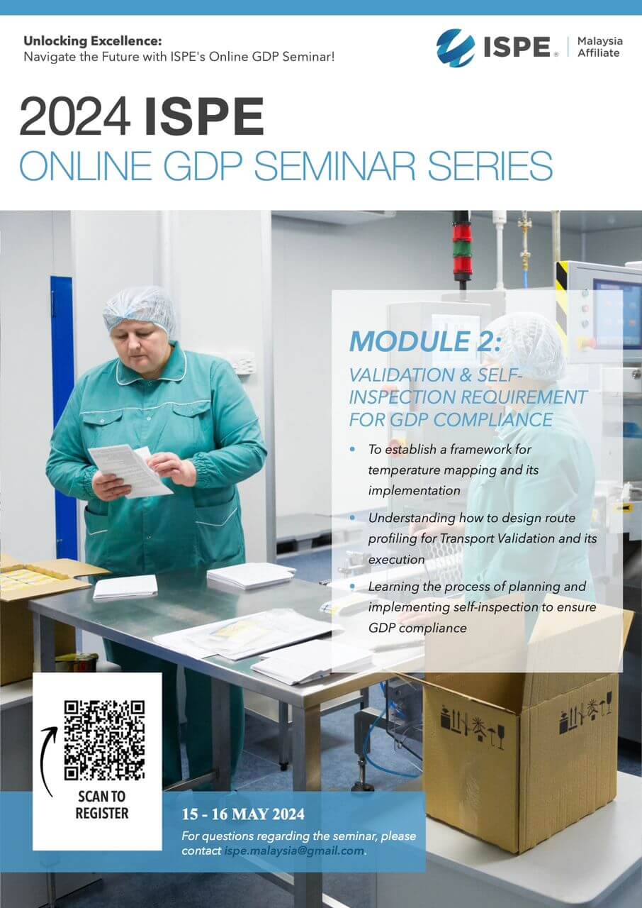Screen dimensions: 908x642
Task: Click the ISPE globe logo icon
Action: tap(456, 48)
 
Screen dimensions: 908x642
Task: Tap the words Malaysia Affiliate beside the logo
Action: tap(599, 48)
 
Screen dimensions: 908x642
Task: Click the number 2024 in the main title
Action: tap(75, 117)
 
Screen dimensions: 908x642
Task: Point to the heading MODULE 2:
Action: tap(424, 341)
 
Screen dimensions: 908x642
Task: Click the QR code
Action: tap(104, 740)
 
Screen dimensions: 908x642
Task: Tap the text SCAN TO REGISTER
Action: tap(102, 804)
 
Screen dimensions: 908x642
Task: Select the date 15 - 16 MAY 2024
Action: tap(243, 814)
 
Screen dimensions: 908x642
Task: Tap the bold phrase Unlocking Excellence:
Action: tap(93, 41)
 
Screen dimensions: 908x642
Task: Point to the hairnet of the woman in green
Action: tap(140, 306)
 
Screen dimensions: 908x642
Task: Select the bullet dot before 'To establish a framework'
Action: tap(354, 450)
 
